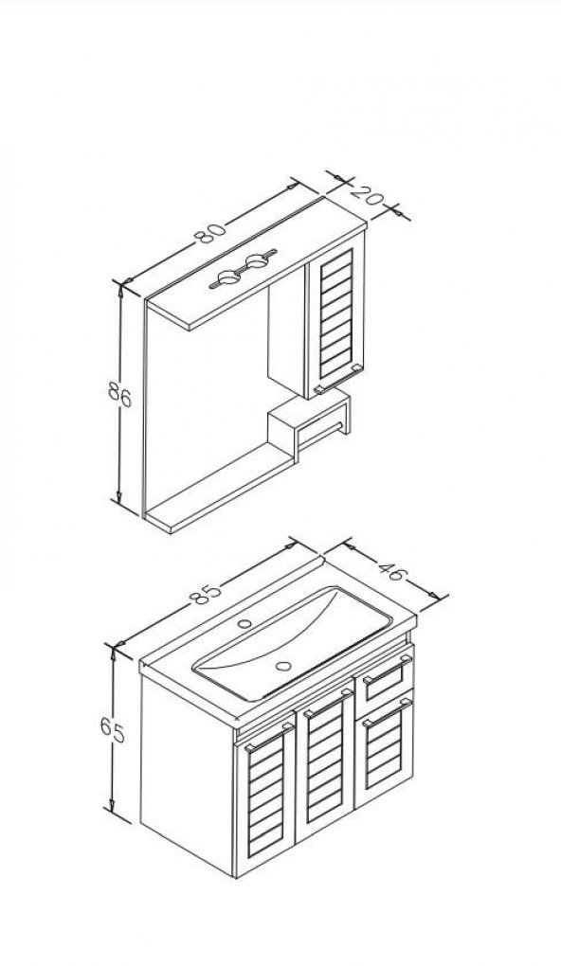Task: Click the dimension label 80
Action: [210, 233]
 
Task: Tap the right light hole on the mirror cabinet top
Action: [255, 263]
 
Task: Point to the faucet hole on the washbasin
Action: [244, 624]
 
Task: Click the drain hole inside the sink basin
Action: [284, 666]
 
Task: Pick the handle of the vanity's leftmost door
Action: [269, 737]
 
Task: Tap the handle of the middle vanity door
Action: [327, 703]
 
